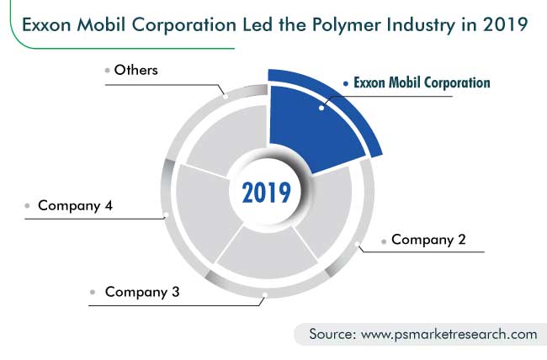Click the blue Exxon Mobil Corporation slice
(311, 126)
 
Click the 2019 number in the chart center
(266, 192)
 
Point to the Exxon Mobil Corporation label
(421, 83)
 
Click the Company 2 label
(428, 240)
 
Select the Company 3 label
(142, 293)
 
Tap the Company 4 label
(76, 205)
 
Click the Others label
(136, 70)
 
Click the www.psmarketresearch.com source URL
(449, 334)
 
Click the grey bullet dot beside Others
(107, 71)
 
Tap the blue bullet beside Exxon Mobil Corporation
(346, 83)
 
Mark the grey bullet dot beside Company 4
(28, 205)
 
